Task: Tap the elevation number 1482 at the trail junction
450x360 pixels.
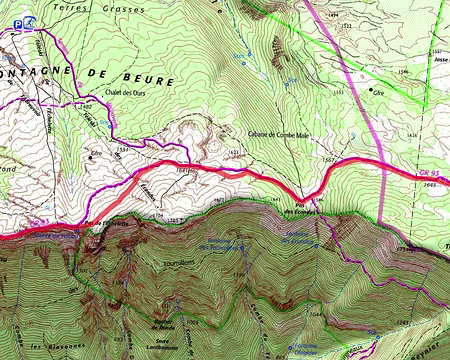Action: tap(87, 105)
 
